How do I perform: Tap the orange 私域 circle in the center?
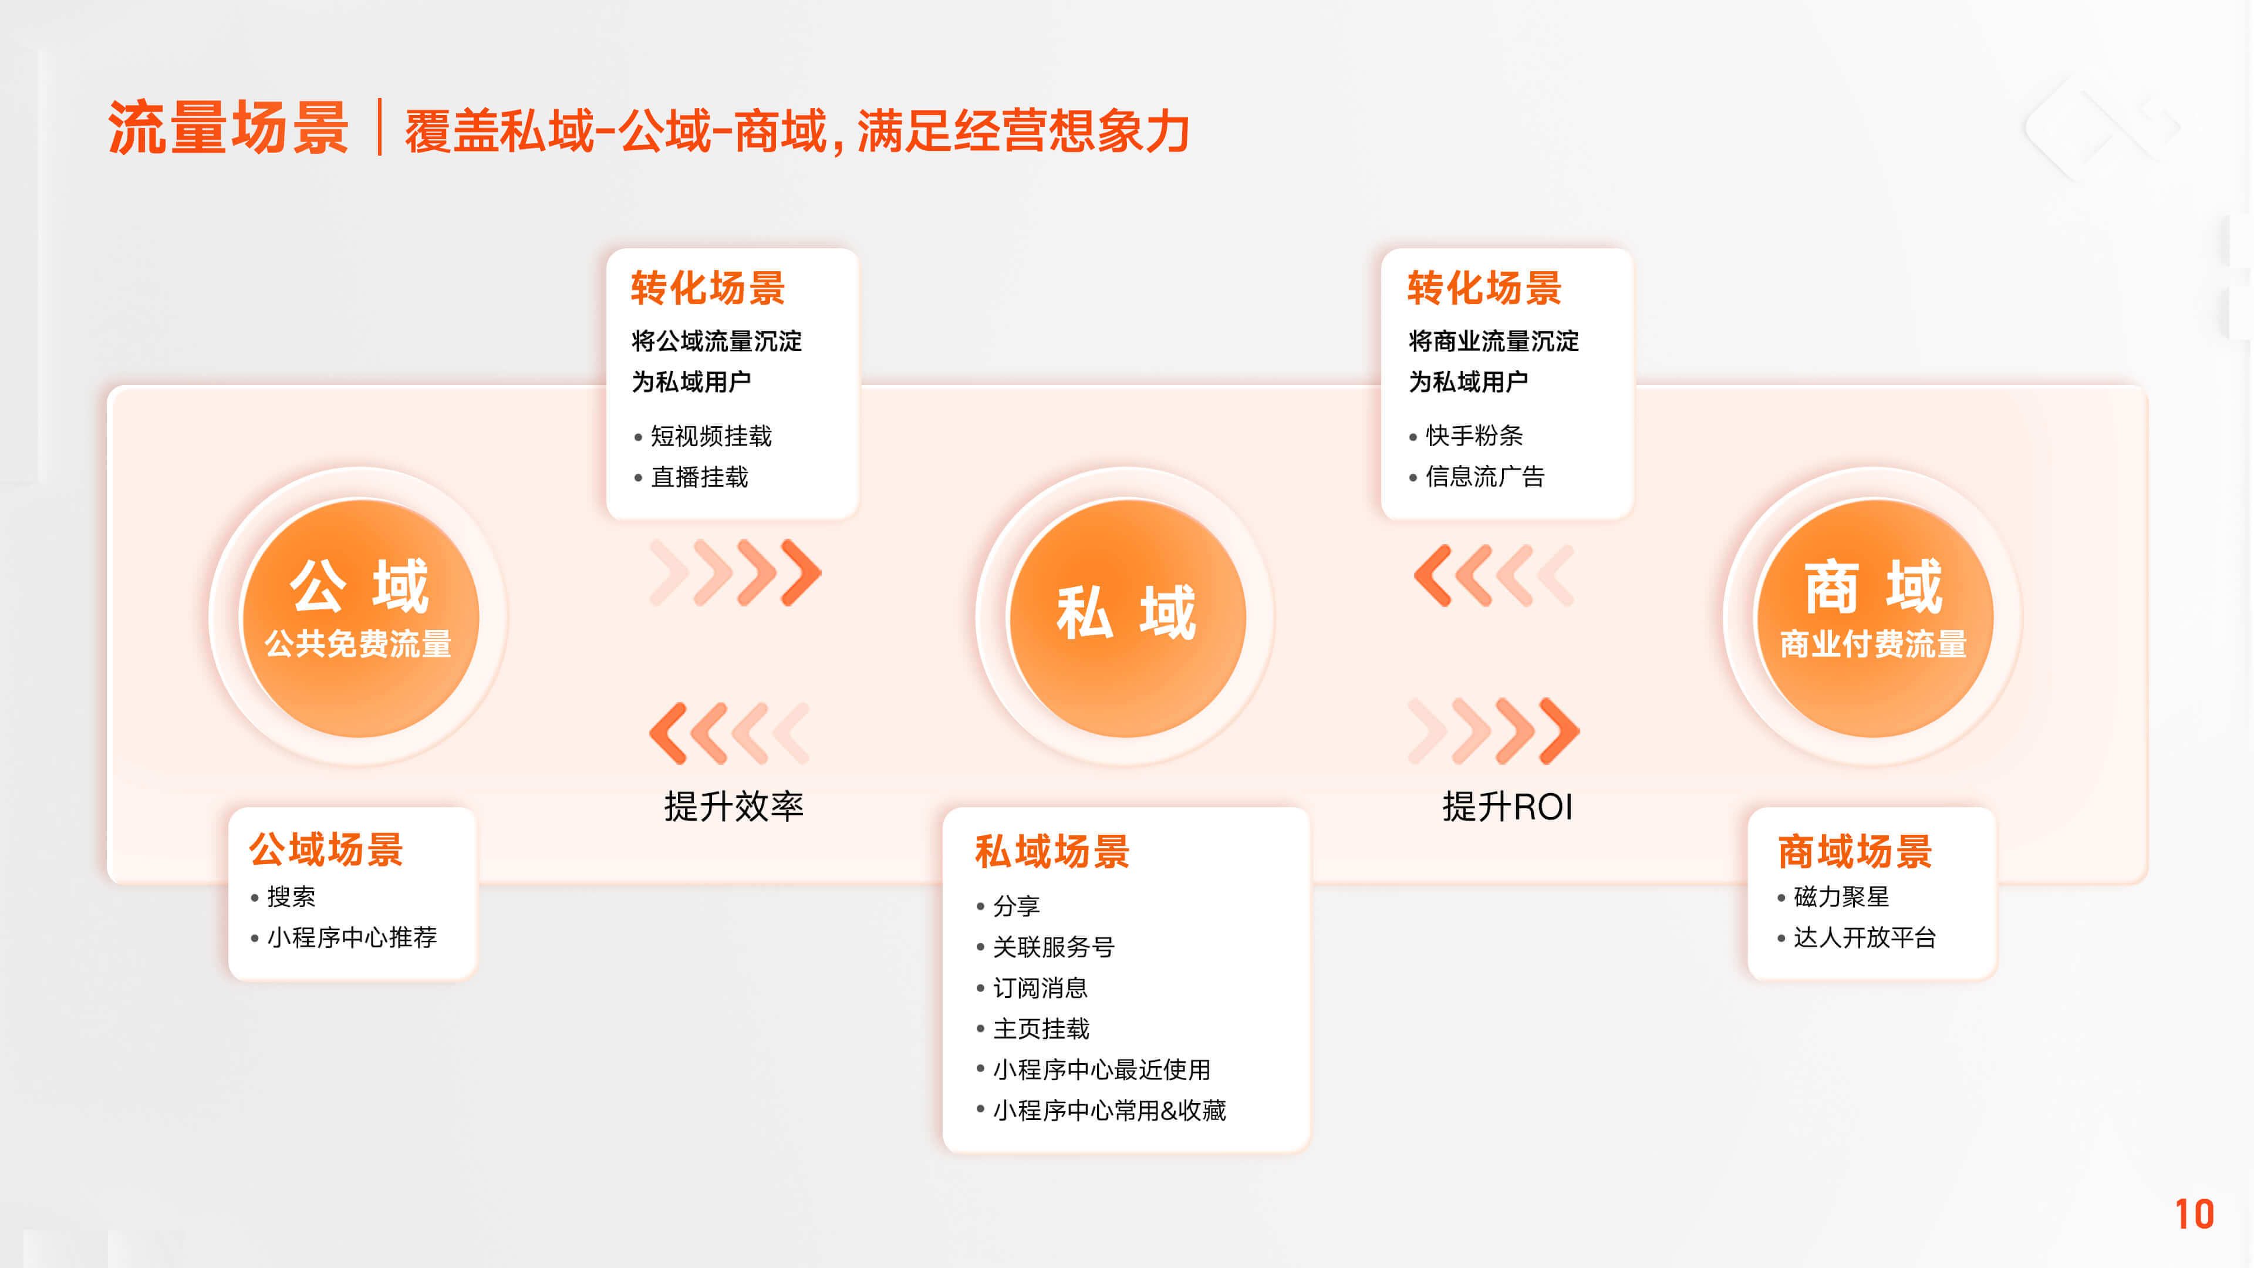click(1127, 618)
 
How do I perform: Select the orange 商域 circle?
click(1874, 618)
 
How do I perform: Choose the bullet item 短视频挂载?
click(710, 436)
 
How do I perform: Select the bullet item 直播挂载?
click(699, 477)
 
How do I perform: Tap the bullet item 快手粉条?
click(1474, 435)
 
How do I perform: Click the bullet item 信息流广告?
click(1485, 476)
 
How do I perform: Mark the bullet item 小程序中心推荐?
click(352, 937)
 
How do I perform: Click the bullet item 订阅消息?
click(1040, 988)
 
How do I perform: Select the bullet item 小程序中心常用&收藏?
click(1109, 1111)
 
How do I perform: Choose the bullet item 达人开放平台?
click(1865, 937)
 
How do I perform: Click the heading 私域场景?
click(1052, 851)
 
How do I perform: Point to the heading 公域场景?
click(326, 849)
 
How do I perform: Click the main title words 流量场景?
click(228, 128)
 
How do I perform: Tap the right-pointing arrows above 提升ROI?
click(1494, 731)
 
